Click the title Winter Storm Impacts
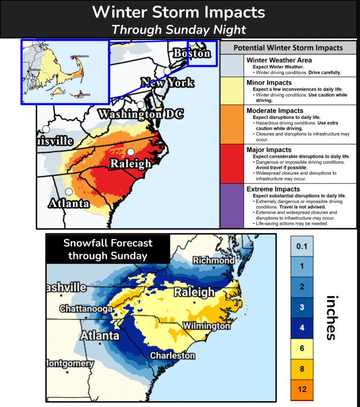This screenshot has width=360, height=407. click(x=179, y=12)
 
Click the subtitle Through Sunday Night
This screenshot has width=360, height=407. click(x=179, y=29)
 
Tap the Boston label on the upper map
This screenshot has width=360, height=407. click(x=192, y=53)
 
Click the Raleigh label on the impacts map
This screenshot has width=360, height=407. click(x=130, y=163)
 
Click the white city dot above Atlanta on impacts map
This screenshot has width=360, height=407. click(x=69, y=192)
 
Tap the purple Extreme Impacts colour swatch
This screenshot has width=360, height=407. click(x=232, y=206)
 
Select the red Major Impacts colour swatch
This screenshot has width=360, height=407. click(x=232, y=163)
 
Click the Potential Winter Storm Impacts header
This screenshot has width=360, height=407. click(x=288, y=48)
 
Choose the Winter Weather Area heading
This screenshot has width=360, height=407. click(x=279, y=60)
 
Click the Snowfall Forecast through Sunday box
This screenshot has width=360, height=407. click(x=108, y=249)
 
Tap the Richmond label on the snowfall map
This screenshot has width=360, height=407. click(x=213, y=260)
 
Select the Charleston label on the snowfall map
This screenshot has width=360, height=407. click(x=172, y=356)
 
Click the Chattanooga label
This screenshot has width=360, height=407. click(x=86, y=309)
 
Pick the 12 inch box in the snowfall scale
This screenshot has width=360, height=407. click(x=302, y=389)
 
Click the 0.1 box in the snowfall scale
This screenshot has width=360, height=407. click(x=302, y=246)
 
